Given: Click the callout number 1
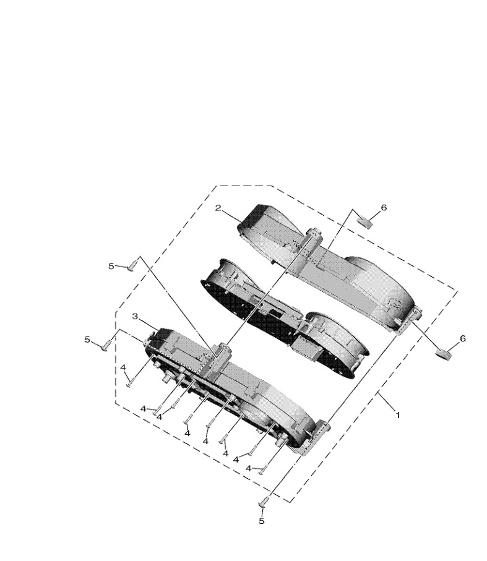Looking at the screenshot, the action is click(x=397, y=416).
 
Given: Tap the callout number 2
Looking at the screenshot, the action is click(x=218, y=208).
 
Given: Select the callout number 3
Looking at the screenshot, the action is click(x=136, y=316).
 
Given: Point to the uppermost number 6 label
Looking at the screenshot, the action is click(x=384, y=207).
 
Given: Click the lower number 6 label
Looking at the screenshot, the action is click(x=463, y=338).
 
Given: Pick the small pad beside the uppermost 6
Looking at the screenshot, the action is click(x=365, y=222).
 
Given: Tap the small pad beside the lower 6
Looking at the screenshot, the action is click(x=444, y=354).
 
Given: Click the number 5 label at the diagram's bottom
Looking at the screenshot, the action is click(x=262, y=521).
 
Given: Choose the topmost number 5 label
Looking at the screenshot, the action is click(x=111, y=266).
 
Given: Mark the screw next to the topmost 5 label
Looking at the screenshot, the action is click(x=132, y=265).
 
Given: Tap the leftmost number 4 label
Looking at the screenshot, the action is click(x=123, y=367).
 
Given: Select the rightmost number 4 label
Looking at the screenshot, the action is click(x=249, y=468).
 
